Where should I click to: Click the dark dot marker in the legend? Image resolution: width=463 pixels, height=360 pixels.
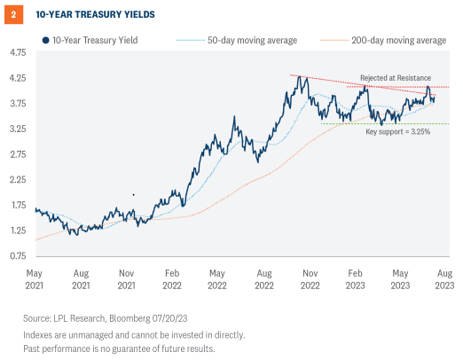pyautogui.click(x=44, y=41)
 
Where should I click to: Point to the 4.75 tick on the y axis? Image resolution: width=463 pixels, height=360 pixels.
pyautogui.click(x=18, y=52)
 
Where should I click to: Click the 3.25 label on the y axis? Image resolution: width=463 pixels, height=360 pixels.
pyautogui.click(x=18, y=129)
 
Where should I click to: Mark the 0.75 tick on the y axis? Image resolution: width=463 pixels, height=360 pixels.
pyautogui.click(x=18, y=256)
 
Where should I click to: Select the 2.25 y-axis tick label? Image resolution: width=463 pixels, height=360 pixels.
pyautogui.click(x=18, y=180)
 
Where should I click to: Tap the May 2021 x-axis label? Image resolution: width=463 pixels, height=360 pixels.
pyautogui.click(x=35, y=278)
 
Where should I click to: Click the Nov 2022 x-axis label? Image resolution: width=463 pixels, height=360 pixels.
pyautogui.click(x=309, y=278)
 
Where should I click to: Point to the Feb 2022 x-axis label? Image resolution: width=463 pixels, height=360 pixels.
pyautogui.click(x=172, y=278)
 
